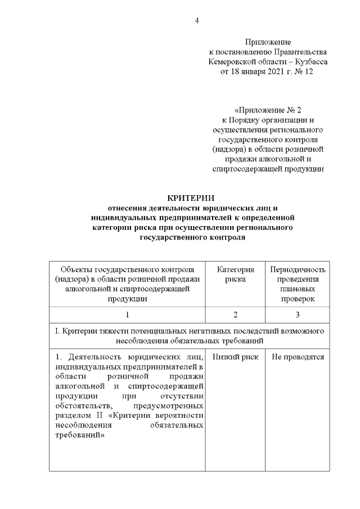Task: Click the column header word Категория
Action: [236, 269]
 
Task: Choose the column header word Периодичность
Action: [298, 269]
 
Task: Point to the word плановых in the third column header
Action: [298, 289]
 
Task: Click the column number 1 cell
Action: [128, 314]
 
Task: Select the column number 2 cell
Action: [236, 314]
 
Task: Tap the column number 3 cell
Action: [298, 314]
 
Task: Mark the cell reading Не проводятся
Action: [298, 357]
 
